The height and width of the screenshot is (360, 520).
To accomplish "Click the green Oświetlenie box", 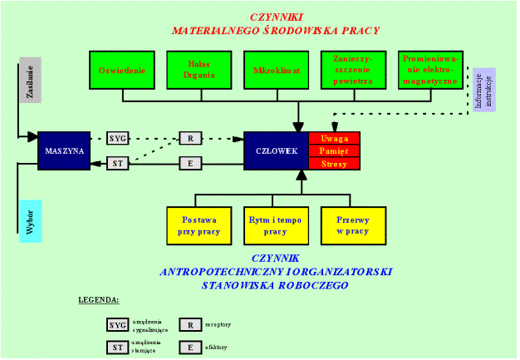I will [x=123, y=71].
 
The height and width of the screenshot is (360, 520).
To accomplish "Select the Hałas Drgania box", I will [x=200, y=71].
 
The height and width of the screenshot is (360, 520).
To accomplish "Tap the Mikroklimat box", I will [x=277, y=71].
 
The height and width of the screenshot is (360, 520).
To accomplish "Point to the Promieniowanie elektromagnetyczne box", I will [x=430, y=71].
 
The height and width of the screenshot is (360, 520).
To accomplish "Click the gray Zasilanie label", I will [x=29, y=84].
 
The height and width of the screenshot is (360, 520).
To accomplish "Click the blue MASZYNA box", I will [x=63, y=150].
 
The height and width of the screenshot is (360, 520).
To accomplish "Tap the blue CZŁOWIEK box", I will [x=277, y=150].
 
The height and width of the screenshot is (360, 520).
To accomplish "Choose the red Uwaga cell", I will [x=334, y=138].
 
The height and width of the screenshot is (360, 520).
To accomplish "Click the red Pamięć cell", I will [x=334, y=150].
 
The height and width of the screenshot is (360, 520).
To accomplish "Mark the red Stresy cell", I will [x=334, y=164].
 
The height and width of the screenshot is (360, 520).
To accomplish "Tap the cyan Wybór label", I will [x=30, y=220].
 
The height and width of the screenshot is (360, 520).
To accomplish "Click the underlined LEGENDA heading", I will [x=98, y=298].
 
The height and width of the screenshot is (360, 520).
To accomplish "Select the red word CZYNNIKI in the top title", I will [x=276, y=16].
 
